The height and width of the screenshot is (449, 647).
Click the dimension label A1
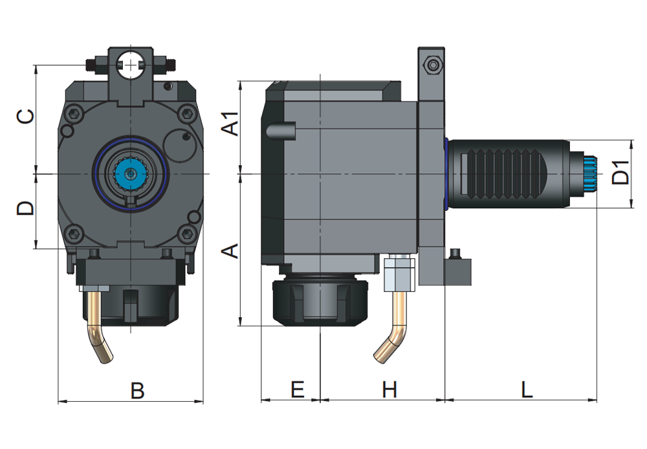pos(231,124)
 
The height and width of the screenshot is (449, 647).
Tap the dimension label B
pos(137,390)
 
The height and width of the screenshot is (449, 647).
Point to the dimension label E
pos(297,389)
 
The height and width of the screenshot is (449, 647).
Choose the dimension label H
pos(389,389)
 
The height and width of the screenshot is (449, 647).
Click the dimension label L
pos(527,389)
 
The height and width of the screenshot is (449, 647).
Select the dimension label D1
pos(620,172)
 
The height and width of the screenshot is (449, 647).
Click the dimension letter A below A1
pos(231,251)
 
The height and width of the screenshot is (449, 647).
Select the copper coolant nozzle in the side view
pos(393,330)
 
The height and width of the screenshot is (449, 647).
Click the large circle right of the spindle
pos(182,145)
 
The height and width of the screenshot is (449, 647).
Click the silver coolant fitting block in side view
pos(398,274)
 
